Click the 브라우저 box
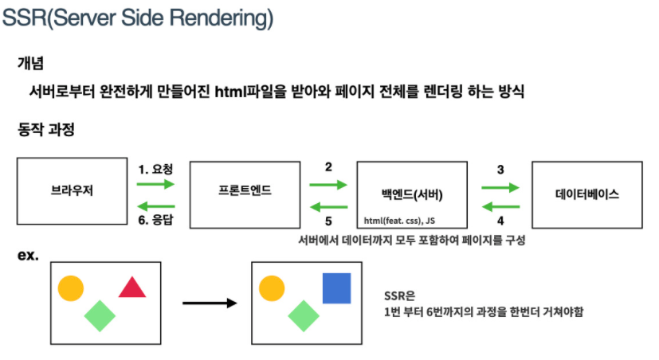click(68, 192)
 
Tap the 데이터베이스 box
click(586, 192)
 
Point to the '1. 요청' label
click(155, 169)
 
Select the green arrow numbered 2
click(328, 185)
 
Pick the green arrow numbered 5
click(328, 207)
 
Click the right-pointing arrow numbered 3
click(500, 188)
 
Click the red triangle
click(132, 288)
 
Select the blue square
click(336, 288)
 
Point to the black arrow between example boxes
click(210, 303)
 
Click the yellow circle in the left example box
click(70, 288)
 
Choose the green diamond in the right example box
click(303, 315)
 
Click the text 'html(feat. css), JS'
click(399, 220)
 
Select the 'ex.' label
click(28, 256)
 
